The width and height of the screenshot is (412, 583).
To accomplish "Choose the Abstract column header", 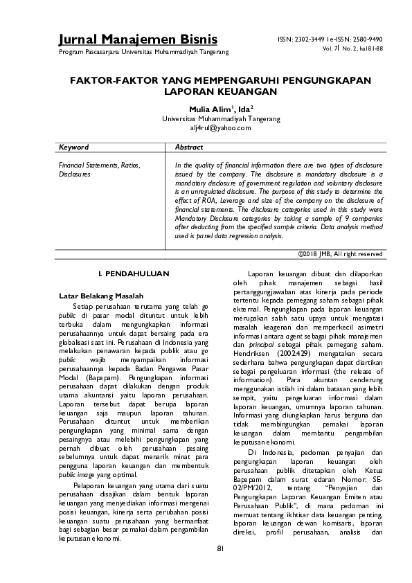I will [189, 148].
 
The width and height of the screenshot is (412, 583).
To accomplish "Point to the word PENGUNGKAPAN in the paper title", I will [316, 80].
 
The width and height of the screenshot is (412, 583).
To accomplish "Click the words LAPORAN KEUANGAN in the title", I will [220, 91].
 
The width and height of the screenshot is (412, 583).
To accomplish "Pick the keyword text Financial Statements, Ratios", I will [99, 166].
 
